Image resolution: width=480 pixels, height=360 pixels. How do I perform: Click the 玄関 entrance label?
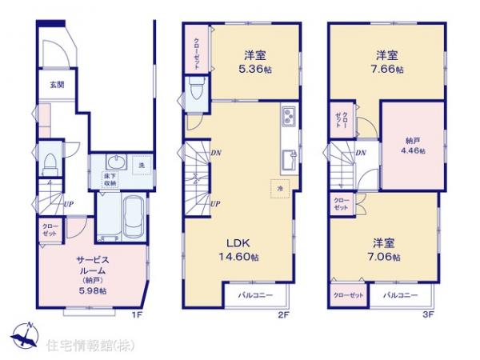click(x=48, y=84)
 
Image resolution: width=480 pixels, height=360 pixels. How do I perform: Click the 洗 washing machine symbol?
click(x=140, y=165)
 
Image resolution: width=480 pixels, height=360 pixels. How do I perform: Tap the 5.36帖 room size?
click(x=255, y=69)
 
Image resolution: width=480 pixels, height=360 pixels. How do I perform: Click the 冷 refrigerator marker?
click(x=280, y=189)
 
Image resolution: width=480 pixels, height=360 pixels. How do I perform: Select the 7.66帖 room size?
click(x=390, y=69)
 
